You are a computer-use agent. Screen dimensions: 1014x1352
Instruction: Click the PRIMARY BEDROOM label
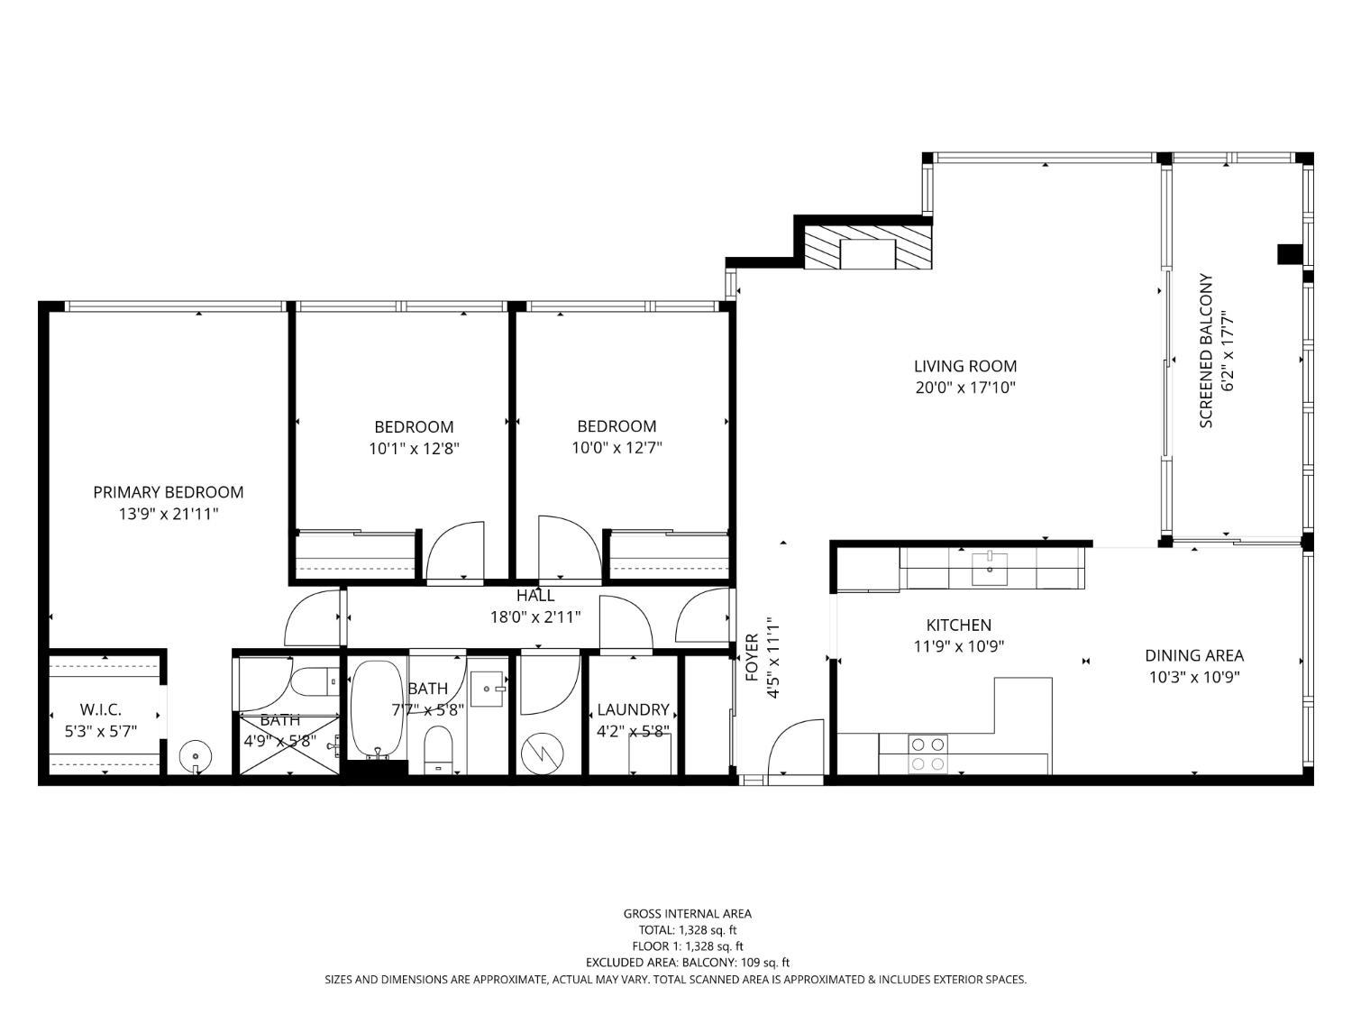coord(168,492)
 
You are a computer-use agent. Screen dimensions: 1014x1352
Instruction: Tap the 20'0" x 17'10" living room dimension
coord(964,388)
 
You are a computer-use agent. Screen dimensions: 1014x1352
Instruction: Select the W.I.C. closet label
coord(100,710)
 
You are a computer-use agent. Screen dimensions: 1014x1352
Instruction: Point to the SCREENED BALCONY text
coord(1206,352)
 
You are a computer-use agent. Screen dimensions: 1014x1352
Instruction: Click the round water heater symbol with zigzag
coord(543,752)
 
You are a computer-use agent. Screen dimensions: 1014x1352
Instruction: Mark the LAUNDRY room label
coord(633,710)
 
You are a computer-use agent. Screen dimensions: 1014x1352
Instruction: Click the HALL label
coord(535,596)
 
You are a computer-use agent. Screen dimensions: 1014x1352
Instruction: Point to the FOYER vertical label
coord(751,658)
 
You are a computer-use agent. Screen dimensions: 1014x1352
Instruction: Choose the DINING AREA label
coord(1193,656)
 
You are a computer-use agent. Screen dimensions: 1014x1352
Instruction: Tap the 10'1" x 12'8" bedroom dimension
coord(414,448)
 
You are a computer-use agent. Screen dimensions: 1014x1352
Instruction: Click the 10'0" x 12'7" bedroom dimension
coord(617,448)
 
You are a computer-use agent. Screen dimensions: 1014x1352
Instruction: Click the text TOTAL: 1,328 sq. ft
coord(687,930)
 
